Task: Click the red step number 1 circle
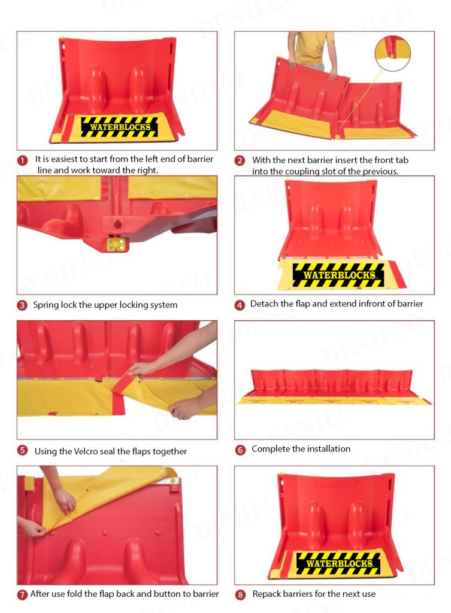(23, 160)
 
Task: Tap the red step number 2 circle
(240, 160)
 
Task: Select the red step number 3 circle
(22, 305)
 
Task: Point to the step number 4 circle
(240, 305)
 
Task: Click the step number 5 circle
(22, 450)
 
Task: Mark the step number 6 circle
(240, 450)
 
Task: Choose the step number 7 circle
(22, 594)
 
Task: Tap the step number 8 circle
(240, 594)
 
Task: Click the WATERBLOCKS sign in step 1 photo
(120, 127)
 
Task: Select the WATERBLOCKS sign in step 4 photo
(338, 274)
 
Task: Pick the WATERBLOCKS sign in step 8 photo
(338, 563)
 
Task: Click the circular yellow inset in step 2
(392, 53)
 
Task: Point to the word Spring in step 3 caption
(46, 305)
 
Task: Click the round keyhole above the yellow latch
(118, 224)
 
